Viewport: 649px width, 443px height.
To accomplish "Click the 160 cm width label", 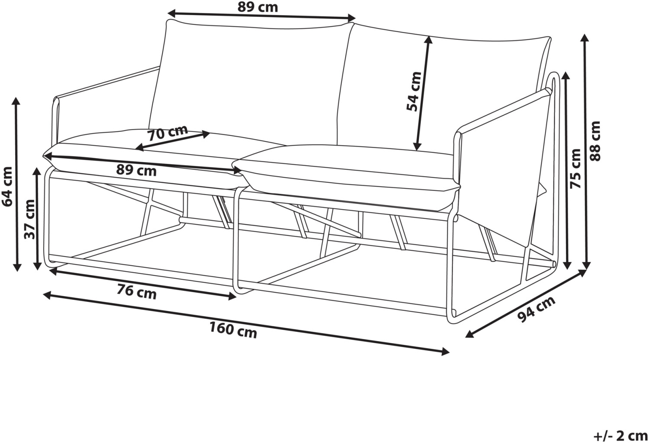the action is pos(233,331).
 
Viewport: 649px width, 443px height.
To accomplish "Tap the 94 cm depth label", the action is pos(536,309).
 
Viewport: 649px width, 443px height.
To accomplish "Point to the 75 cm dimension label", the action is pos(575,169).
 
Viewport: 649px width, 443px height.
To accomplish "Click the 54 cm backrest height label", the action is pos(414,92).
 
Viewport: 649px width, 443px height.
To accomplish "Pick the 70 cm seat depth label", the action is pos(167,133).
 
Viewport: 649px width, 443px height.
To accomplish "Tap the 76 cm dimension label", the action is pos(136,292).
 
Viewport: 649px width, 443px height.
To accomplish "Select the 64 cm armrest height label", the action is pos(7,187).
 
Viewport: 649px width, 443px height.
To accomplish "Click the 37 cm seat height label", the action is pos(29,219).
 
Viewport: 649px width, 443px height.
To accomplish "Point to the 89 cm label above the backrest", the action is pos(257,7).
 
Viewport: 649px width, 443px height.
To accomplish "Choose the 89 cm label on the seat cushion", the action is pos(136,170).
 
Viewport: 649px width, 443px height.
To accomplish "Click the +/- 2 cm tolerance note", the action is pos(620,436).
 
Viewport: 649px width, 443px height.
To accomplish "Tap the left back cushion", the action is pos(249,81).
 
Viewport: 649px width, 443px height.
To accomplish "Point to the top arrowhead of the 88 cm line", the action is pos(585,38).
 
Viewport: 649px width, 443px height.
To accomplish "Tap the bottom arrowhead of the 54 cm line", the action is pos(417,147).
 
